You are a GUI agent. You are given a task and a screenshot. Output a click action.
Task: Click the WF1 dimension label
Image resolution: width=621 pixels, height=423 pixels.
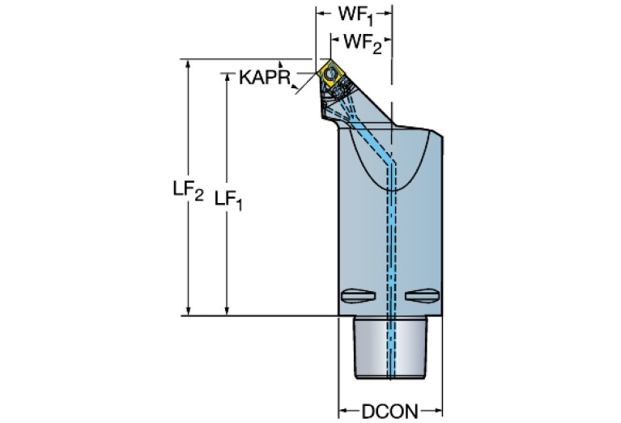click(x=354, y=15)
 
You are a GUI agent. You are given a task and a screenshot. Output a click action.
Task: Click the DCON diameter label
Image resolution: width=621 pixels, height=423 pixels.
click(x=389, y=411)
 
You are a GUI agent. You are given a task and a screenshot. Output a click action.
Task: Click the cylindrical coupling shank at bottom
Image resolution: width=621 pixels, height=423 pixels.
click(x=390, y=348)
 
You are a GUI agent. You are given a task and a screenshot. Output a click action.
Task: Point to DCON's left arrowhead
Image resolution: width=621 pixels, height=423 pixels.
click(x=342, y=410)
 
